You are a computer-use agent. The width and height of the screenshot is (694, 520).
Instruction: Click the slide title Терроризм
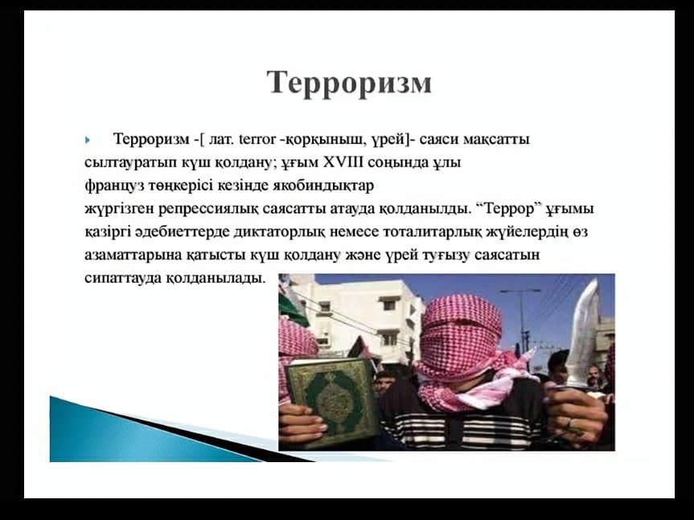[x=349, y=83]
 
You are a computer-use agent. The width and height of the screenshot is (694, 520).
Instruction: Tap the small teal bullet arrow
[x=87, y=141]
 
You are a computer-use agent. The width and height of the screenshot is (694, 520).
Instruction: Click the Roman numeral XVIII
[x=343, y=162]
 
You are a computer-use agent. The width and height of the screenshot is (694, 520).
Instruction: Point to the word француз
[x=114, y=186]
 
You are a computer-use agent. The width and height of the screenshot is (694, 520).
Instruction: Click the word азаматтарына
[x=133, y=256]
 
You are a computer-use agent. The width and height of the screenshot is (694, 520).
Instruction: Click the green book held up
[x=332, y=400]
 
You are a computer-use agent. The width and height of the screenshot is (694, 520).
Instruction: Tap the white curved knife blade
[x=583, y=333]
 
